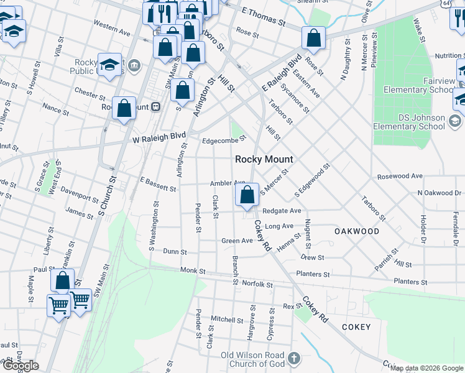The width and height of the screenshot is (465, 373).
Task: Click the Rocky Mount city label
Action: (264, 159)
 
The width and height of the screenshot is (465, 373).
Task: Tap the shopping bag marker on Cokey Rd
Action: (247, 195)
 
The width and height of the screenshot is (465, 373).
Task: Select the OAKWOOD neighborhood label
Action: (357, 231)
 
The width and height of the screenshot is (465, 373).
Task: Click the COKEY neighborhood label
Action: (356, 327)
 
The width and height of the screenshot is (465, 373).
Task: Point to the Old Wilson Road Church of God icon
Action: (295, 359)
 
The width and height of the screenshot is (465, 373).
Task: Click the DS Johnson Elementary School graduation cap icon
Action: (455, 121)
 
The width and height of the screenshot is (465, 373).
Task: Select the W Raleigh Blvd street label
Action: (159, 136)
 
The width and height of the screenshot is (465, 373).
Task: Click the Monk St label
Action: (193, 270)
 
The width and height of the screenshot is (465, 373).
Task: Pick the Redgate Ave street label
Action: (282, 211)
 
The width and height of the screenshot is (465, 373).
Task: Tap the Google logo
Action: (20, 366)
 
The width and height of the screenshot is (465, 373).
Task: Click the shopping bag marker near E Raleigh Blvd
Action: (314, 39)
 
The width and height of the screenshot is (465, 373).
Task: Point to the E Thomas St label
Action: (263, 16)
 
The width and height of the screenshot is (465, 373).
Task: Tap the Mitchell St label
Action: (226, 320)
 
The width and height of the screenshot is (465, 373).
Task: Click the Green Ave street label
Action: (237, 241)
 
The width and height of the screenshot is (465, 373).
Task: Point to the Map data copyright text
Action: (426, 368)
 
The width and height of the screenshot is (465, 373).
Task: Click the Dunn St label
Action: (175, 252)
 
